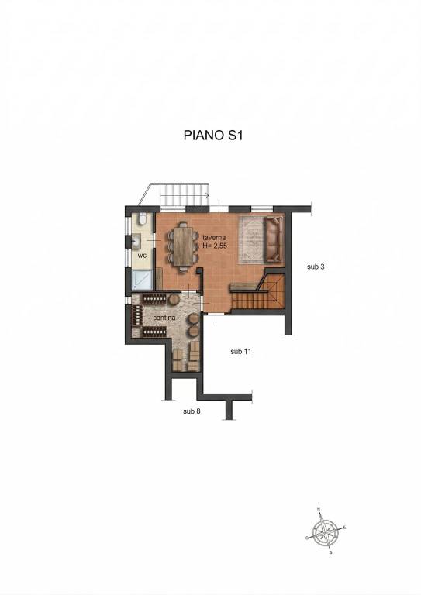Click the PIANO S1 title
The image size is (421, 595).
coord(213,135)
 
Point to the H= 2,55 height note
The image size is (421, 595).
coord(215,246)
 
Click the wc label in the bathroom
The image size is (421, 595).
coord(142,256)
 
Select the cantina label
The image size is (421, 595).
coord(164,318)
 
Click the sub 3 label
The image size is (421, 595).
coord(316,267)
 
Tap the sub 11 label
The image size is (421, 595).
coord(240,352)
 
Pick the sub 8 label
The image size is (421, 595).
coord(192,411)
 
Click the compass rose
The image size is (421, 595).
coord(326,531)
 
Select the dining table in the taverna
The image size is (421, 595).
coord(183,246)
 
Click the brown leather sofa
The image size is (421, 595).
coord(274,239)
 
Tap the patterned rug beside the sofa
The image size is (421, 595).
coord(251,239)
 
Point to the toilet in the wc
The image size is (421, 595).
coord(143,219)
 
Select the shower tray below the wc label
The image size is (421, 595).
coord(143,280)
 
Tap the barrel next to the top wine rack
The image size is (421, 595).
coord(174,299)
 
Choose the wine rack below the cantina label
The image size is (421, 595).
coord(155,332)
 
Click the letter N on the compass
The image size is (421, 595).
coord(319,509)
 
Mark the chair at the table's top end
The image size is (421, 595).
coord(183,224)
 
